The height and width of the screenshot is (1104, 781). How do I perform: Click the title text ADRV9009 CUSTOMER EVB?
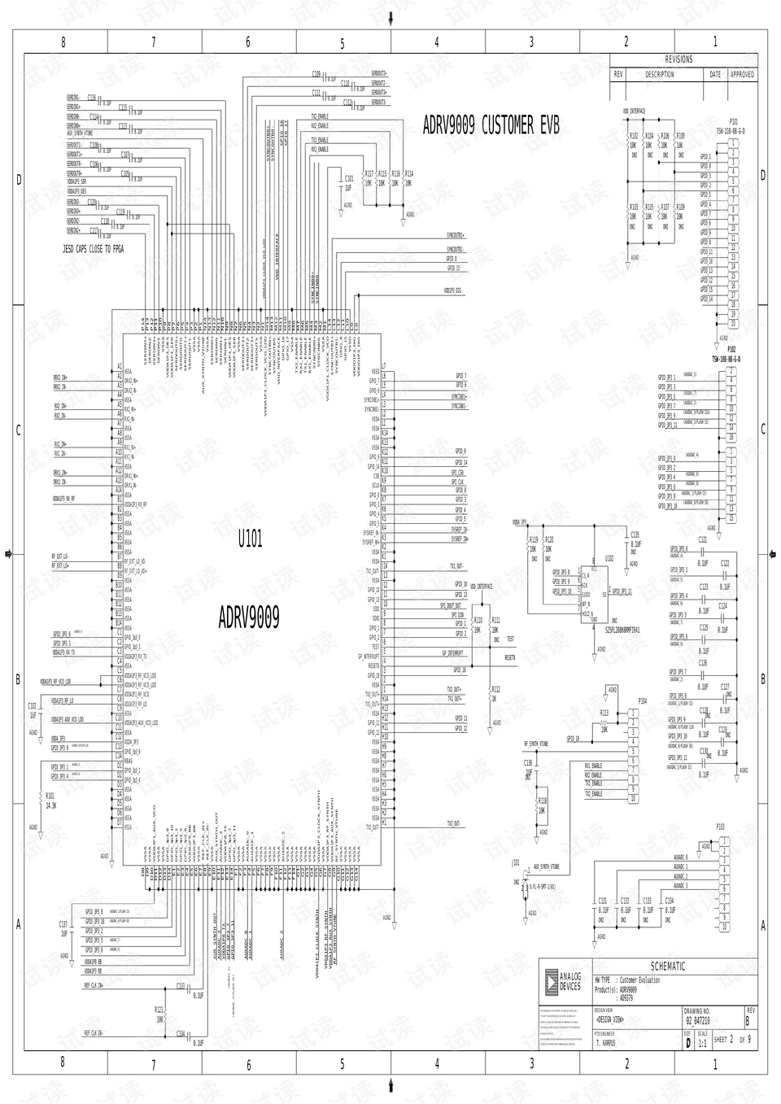point(491,125)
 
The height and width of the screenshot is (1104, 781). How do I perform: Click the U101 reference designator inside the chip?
point(250,539)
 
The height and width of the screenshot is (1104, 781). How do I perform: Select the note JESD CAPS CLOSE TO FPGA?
point(94,248)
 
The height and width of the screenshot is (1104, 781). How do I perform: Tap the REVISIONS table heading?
point(679,59)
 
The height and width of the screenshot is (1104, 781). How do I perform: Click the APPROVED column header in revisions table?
point(742,74)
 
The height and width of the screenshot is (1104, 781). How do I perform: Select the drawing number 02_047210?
point(698,1020)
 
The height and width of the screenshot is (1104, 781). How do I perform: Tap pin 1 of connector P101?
point(733,143)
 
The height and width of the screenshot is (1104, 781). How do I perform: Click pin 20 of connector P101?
point(733,323)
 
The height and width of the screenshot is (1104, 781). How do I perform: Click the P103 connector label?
point(721,827)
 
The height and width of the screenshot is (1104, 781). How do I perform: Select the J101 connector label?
point(516,862)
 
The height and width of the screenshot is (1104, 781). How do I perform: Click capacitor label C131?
point(603,901)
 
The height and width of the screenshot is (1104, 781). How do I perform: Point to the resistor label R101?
point(50,795)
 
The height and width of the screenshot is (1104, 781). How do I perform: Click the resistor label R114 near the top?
point(408,174)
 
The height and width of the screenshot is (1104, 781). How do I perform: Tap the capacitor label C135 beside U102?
point(635,535)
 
